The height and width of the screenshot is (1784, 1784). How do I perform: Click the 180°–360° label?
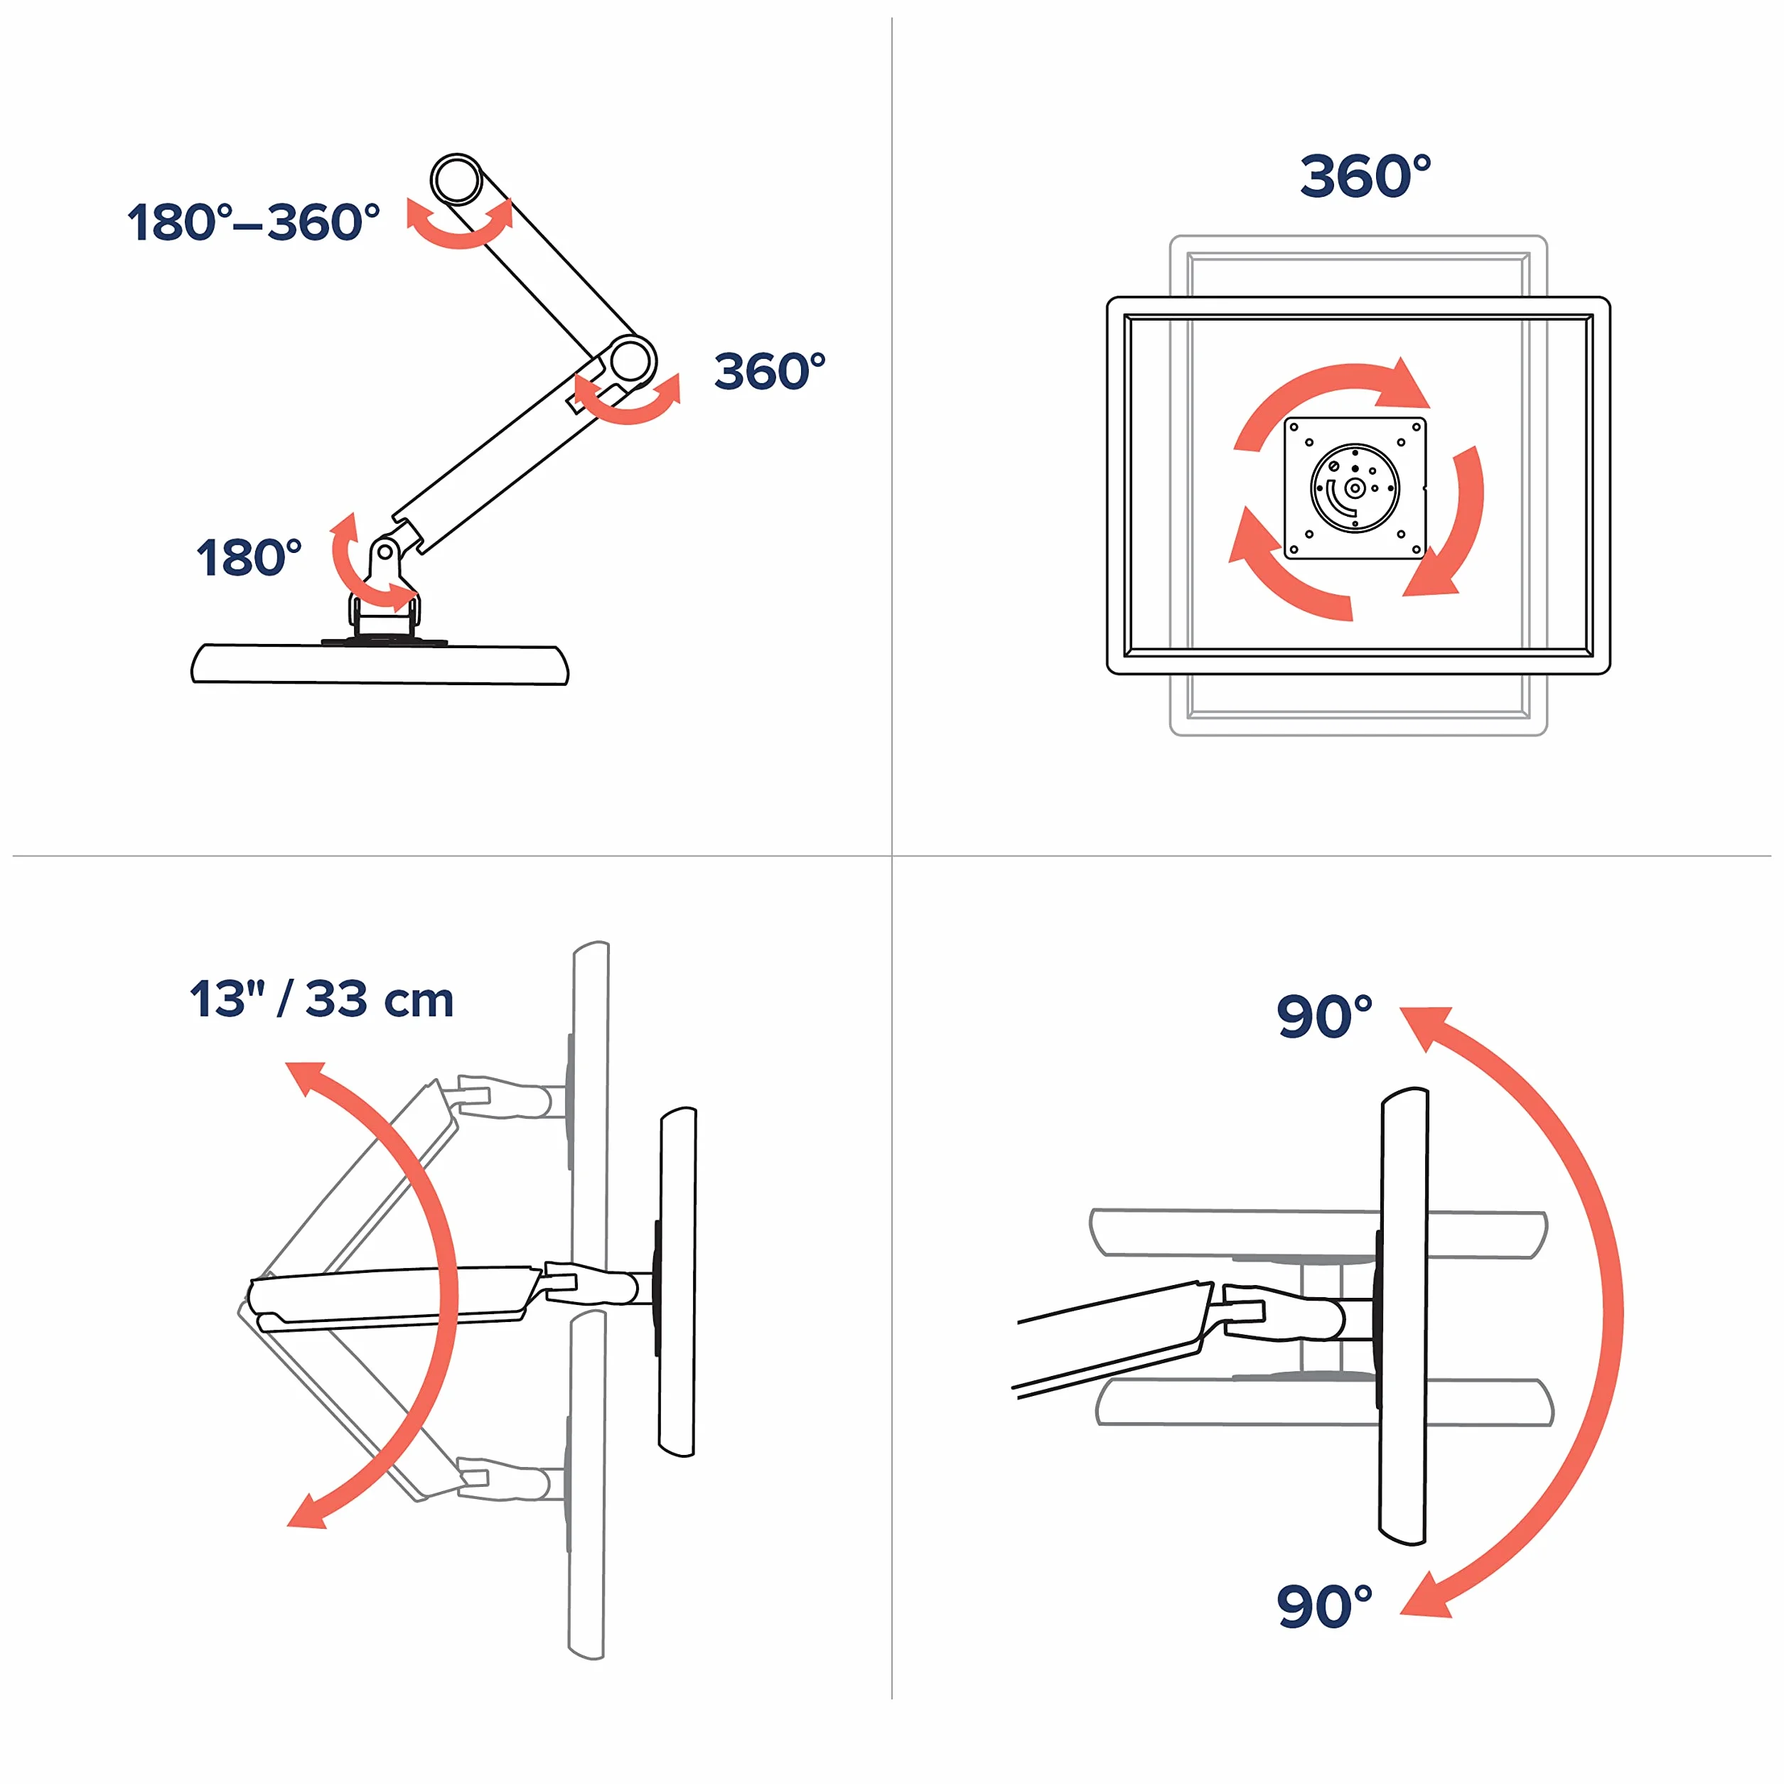(254, 222)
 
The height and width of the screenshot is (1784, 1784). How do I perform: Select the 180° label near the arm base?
(249, 558)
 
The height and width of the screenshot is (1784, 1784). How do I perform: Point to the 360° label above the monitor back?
(1365, 176)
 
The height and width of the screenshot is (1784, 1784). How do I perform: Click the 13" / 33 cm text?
(322, 999)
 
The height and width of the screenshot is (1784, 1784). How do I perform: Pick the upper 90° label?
(1324, 1016)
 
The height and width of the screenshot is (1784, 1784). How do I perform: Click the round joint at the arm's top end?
(456, 179)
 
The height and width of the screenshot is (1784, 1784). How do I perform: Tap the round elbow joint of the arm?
(630, 361)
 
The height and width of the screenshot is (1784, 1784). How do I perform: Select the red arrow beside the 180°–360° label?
(460, 237)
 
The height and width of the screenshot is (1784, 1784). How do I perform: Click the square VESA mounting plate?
(1355, 488)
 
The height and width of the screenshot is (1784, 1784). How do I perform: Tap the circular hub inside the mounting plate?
(1355, 488)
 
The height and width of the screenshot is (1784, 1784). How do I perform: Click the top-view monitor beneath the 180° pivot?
(380, 664)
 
